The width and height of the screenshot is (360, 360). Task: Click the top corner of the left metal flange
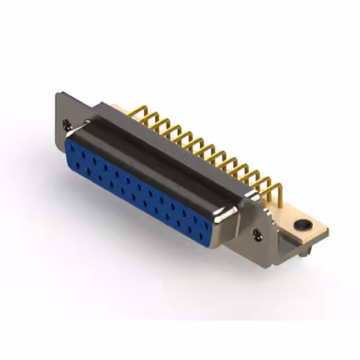[x=58, y=94]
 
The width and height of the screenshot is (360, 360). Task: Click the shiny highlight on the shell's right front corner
[x=231, y=214]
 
